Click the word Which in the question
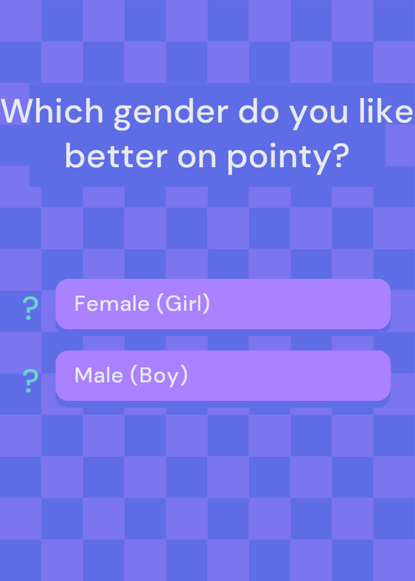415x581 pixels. [x=52, y=111]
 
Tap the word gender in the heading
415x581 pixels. [x=171, y=114]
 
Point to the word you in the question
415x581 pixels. [x=318, y=115]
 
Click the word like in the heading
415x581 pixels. [x=386, y=111]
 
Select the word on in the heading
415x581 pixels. [x=197, y=157]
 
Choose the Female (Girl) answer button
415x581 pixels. [x=223, y=304]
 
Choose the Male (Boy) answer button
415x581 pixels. [x=223, y=375]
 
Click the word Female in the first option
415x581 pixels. [x=112, y=304]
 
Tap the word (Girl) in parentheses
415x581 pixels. [x=183, y=304]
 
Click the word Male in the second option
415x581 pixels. [x=99, y=375]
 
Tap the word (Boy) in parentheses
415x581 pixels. [x=158, y=375]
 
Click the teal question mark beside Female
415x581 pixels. [x=31, y=308]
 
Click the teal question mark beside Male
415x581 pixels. [x=31, y=381]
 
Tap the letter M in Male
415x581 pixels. [x=84, y=375]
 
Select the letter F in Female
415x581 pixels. [x=80, y=304]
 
